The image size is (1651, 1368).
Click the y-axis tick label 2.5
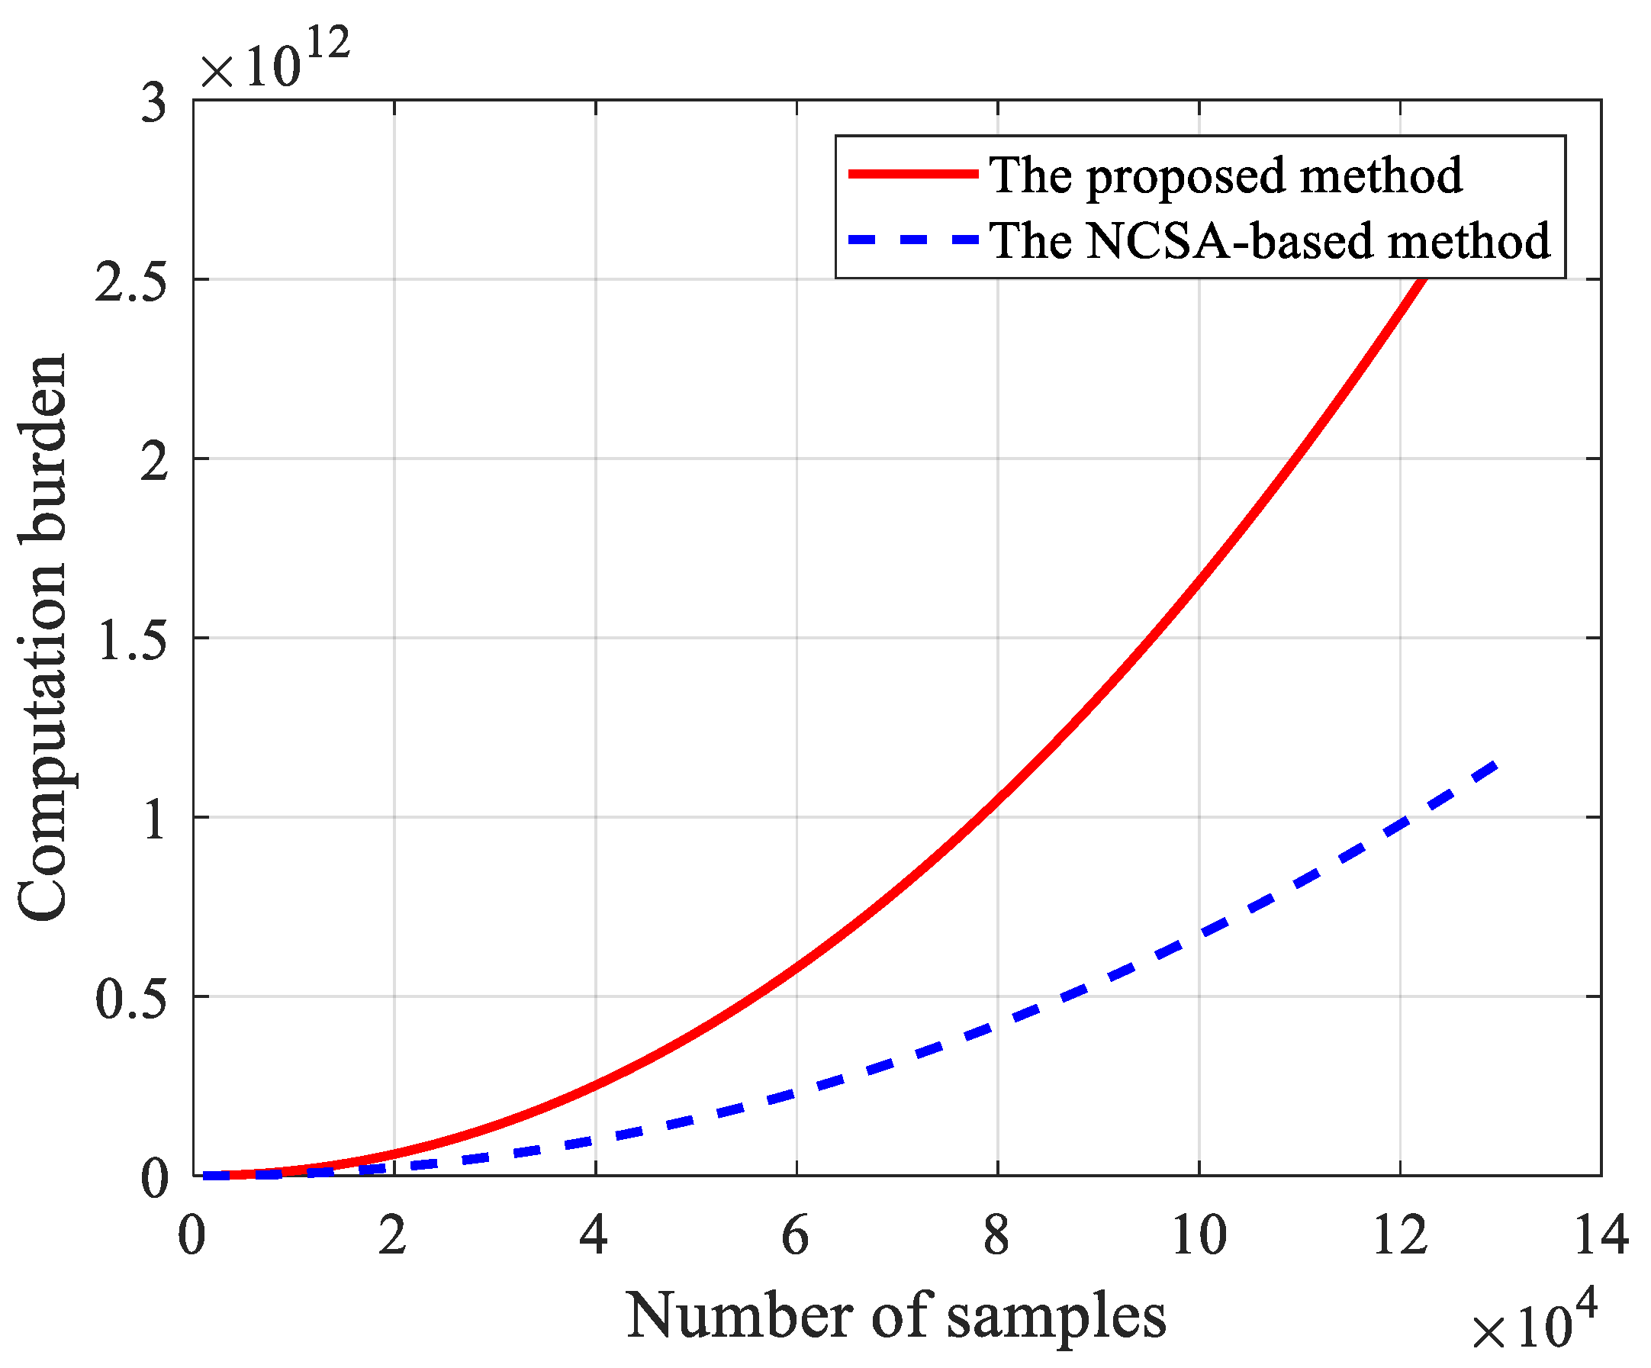click(x=131, y=282)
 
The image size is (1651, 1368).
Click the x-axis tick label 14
click(x=1601, y=1236)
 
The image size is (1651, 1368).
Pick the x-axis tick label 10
click(x=1198, y=1236)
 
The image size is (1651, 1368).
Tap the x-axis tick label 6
click(x=796, y=1236)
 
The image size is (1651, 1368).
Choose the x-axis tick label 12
click(x=1399, y=1236)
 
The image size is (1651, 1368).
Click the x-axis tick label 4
click(x=594, y=1236)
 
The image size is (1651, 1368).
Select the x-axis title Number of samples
click(x=896, y=1316)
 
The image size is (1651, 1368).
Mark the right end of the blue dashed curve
click(x=1498, y=764)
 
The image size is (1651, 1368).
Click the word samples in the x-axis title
click(x=1056, y=1318)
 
